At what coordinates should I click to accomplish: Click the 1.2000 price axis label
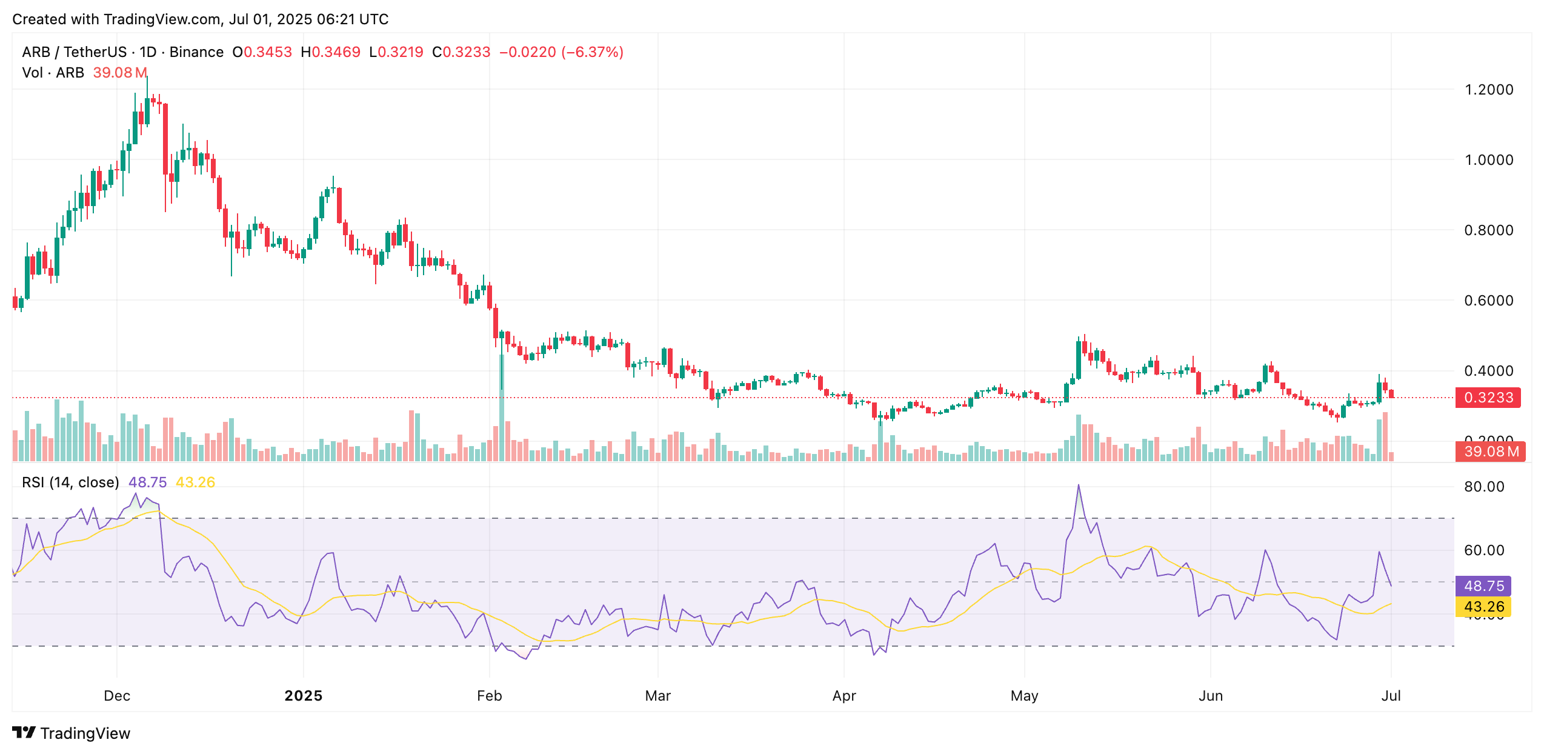(x=1488, y=90)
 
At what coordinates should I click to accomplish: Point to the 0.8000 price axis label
(x=1488, y=230)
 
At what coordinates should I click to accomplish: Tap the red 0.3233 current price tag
(x=1488, y=398)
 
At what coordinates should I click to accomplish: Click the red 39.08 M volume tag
(x=1490, y=452)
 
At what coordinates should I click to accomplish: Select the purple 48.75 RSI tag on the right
(x=1483, y=586)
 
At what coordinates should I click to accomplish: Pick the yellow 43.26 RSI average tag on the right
(x=1483, y=607)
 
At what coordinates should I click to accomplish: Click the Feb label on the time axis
(x=489, y=695)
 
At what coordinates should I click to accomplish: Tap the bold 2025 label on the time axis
(x=304, y=695)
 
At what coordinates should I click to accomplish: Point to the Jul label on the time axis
(x=1391, y=695)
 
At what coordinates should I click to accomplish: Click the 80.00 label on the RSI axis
(x=1484, y=487)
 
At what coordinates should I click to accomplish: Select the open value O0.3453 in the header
(x=262, y=52)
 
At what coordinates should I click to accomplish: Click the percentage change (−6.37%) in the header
(x=592, y=52)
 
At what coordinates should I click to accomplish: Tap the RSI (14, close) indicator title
(x=70, y=482)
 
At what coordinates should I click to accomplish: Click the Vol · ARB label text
(x=53, y=73)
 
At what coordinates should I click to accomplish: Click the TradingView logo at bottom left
(x=72, y=733)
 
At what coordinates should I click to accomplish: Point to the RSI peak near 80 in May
(x=1079, y=485)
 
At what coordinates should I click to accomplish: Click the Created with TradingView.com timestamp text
(x=200, y=19)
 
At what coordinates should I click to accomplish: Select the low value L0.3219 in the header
(x=396, y=52)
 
